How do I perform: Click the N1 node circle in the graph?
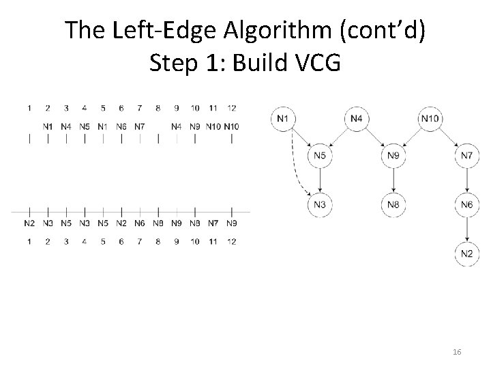(284, 120)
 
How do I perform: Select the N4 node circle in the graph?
(357, 120)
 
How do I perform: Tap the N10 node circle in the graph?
(430, 120)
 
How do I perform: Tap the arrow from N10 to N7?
(449, 137)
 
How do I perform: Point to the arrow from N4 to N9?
(375, 137)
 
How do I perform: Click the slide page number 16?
(457, 351)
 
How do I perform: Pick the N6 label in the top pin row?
(121, 126)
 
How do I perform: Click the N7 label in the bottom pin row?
(213, 223)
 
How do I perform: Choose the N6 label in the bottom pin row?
(139, 223)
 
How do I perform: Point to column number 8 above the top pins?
(158, 108)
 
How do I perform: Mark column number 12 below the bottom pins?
(231, 242)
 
